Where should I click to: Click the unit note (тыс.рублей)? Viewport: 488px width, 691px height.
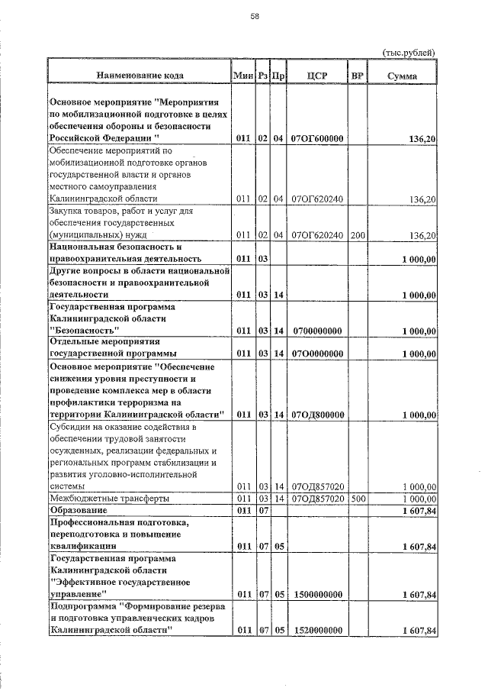(408, 52)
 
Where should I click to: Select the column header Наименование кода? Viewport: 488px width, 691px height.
(140, 76)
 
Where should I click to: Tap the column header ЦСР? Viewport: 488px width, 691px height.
(316, 76)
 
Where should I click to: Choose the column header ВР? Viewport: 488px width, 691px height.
(356, 76)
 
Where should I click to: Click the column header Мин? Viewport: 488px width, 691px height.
(242, 76)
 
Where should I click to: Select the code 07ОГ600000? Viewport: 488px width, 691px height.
(316, 138)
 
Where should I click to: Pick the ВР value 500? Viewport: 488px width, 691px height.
(356, 498)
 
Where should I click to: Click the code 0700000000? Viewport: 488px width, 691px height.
(316, 331)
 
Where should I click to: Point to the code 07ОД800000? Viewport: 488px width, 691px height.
(316, 415)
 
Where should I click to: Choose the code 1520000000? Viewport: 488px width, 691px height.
(316, 631)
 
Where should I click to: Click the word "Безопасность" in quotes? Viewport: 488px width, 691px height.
(83, 331)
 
